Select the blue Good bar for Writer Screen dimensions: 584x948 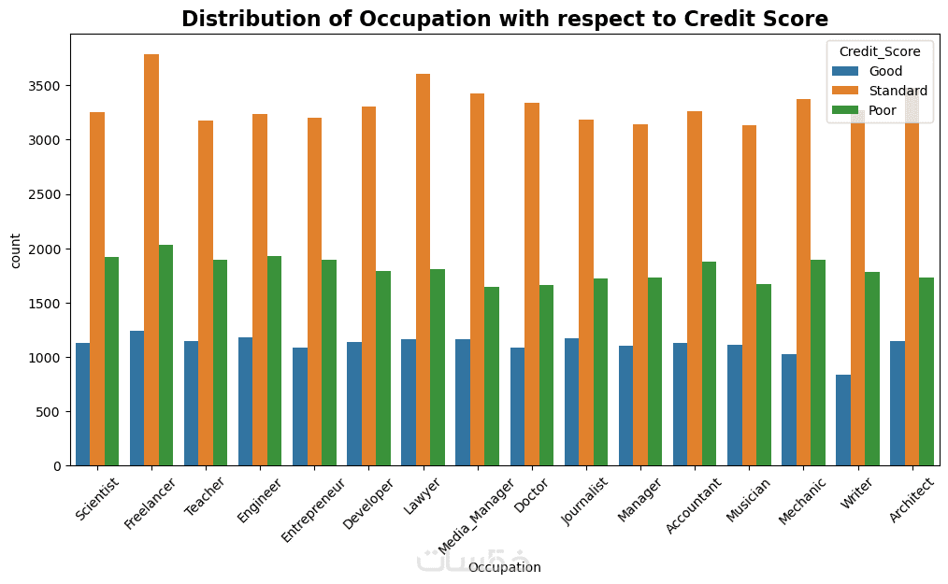tap(843, 420)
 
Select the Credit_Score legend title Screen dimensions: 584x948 tap(880, 51)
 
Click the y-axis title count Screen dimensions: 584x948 tap(16, 249)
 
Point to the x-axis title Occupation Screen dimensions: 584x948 tap(504, 567)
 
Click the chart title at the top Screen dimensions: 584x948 tap(504, 19)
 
